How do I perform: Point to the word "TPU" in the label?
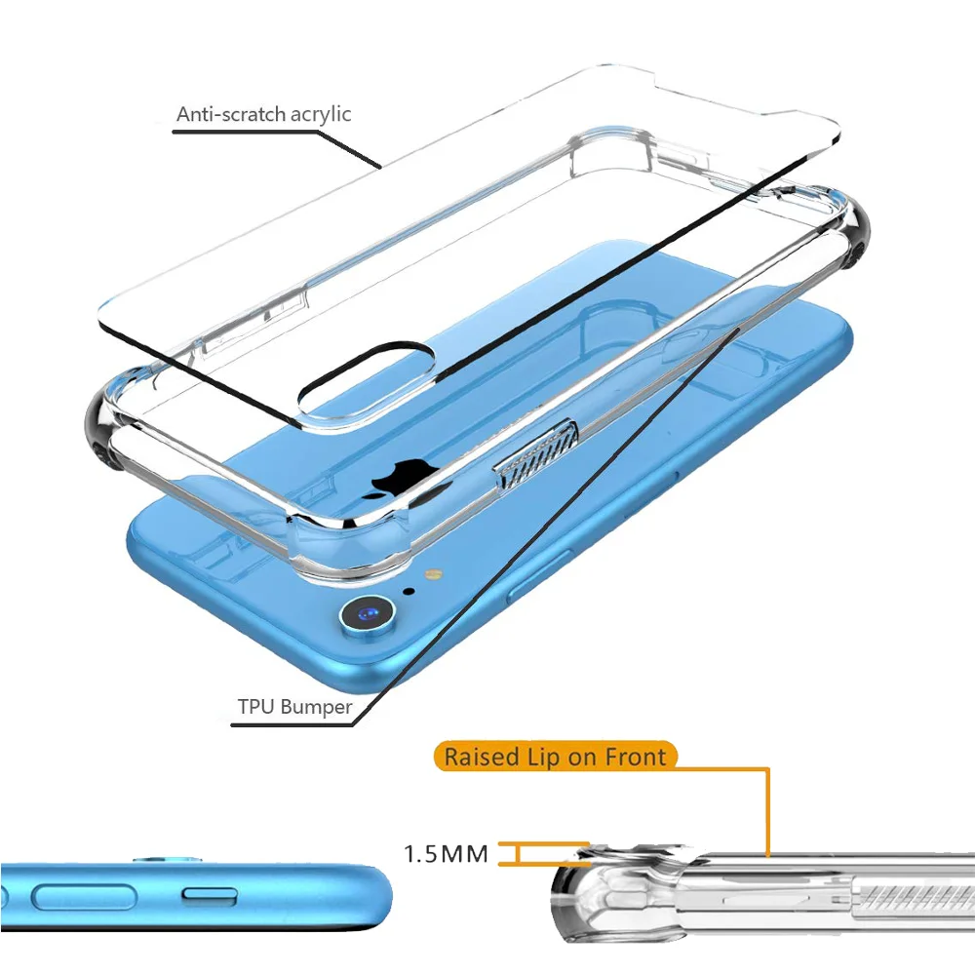tap(256, 707)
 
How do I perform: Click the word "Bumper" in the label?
tap(316, 707)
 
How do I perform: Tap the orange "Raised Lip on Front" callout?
tap(556, 757)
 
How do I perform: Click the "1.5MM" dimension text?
tap(446, 855)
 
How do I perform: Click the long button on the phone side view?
tap(83, 897)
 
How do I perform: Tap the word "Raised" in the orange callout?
tap(481, 757)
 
